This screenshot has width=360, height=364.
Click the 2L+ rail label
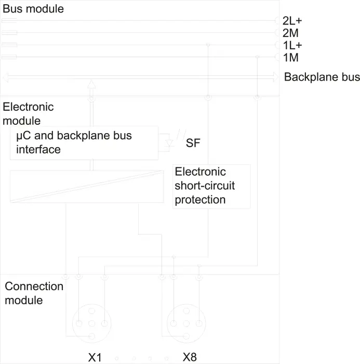(292, 21)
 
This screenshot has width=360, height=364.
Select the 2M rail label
(290, 33)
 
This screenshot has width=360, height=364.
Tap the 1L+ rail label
(292, 45)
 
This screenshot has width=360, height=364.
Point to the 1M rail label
(290, 58)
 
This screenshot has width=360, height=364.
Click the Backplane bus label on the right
(322, 77)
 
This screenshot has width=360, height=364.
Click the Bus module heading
(33, 9)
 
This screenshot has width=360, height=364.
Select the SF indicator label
(193, 143)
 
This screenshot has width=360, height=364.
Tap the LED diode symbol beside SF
(169, 143)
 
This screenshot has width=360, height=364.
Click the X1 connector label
(95, 357)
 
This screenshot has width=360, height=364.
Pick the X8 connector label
(190, 357)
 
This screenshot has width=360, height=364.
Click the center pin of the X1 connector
(92, 323)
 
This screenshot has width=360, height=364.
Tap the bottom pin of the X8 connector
(186, 336)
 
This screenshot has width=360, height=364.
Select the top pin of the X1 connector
(92, 311)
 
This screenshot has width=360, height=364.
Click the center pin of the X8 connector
(186, 323)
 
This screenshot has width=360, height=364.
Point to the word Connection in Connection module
(34, 286)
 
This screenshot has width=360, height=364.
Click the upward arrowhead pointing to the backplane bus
(91, 84)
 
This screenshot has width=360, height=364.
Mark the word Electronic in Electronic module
(28, 107)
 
